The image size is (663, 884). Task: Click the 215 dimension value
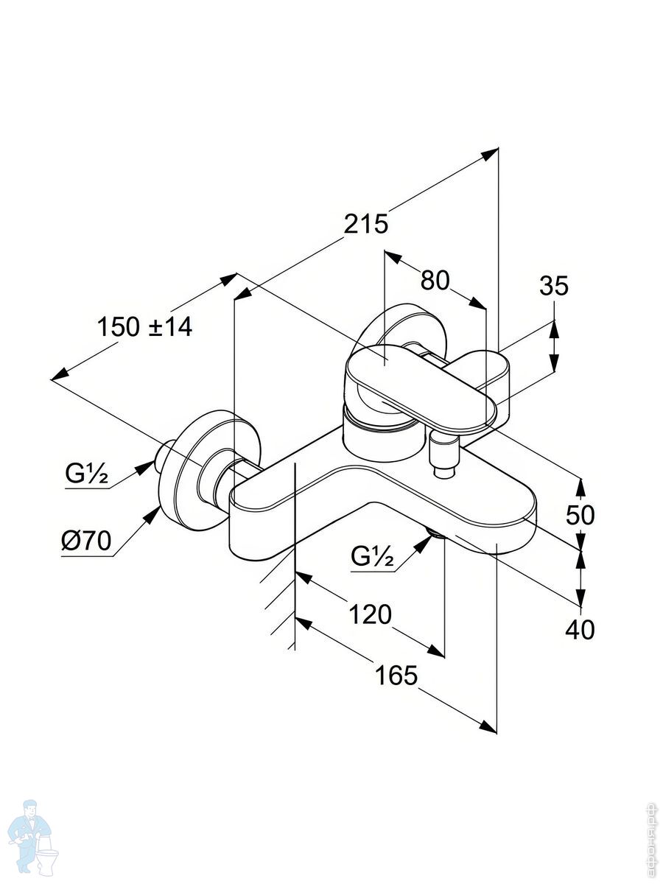pos(366,223)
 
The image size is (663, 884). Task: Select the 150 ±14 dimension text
pos(144,326)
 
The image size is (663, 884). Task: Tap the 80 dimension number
pos(435,280)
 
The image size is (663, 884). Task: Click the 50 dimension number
pos(580,515)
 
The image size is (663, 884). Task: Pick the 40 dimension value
pos(580,630)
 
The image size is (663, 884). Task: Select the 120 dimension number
pos(370,614)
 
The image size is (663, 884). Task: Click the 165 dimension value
pos(396,674)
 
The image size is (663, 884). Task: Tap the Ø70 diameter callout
pos(85,541)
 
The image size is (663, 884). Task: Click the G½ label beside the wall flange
pos(86,475)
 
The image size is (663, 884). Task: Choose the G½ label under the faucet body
pos(373,556)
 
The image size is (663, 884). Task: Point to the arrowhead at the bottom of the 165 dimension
pos(488,726)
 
